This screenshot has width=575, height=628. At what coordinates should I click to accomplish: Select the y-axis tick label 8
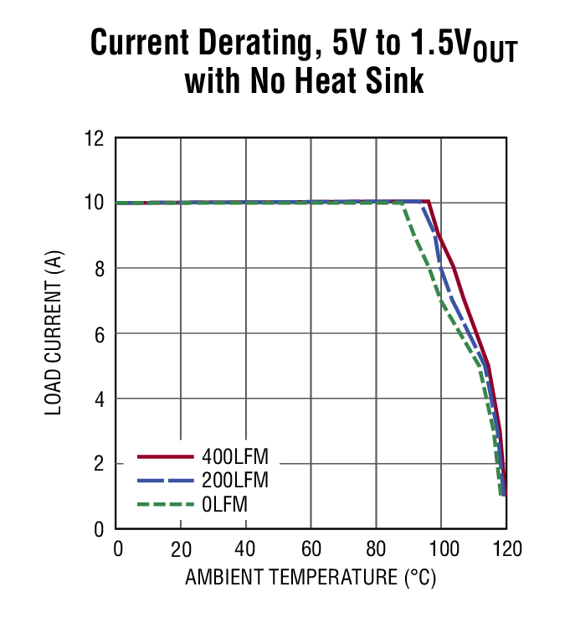(99, 269)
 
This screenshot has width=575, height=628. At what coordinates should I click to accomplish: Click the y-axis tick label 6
(99, 334)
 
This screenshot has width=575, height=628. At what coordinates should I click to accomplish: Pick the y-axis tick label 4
(99, 399)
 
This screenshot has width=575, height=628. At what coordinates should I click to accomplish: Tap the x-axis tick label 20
(181, 549)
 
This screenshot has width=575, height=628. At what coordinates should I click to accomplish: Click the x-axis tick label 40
(246, 549)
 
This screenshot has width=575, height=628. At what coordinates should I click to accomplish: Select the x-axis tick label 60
(311, 549)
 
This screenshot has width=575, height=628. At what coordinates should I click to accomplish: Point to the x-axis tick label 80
(377, 549)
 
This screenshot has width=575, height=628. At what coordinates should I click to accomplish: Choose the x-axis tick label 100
(441, 549)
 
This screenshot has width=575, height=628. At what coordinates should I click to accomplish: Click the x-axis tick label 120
(506, 549)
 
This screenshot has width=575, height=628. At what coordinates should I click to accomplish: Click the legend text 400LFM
(240, 457)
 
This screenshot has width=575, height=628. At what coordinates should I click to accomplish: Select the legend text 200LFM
(240, 481)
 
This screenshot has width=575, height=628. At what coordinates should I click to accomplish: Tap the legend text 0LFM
(225, 504)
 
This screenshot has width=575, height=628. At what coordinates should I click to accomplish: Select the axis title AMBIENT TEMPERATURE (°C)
(311, 578)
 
